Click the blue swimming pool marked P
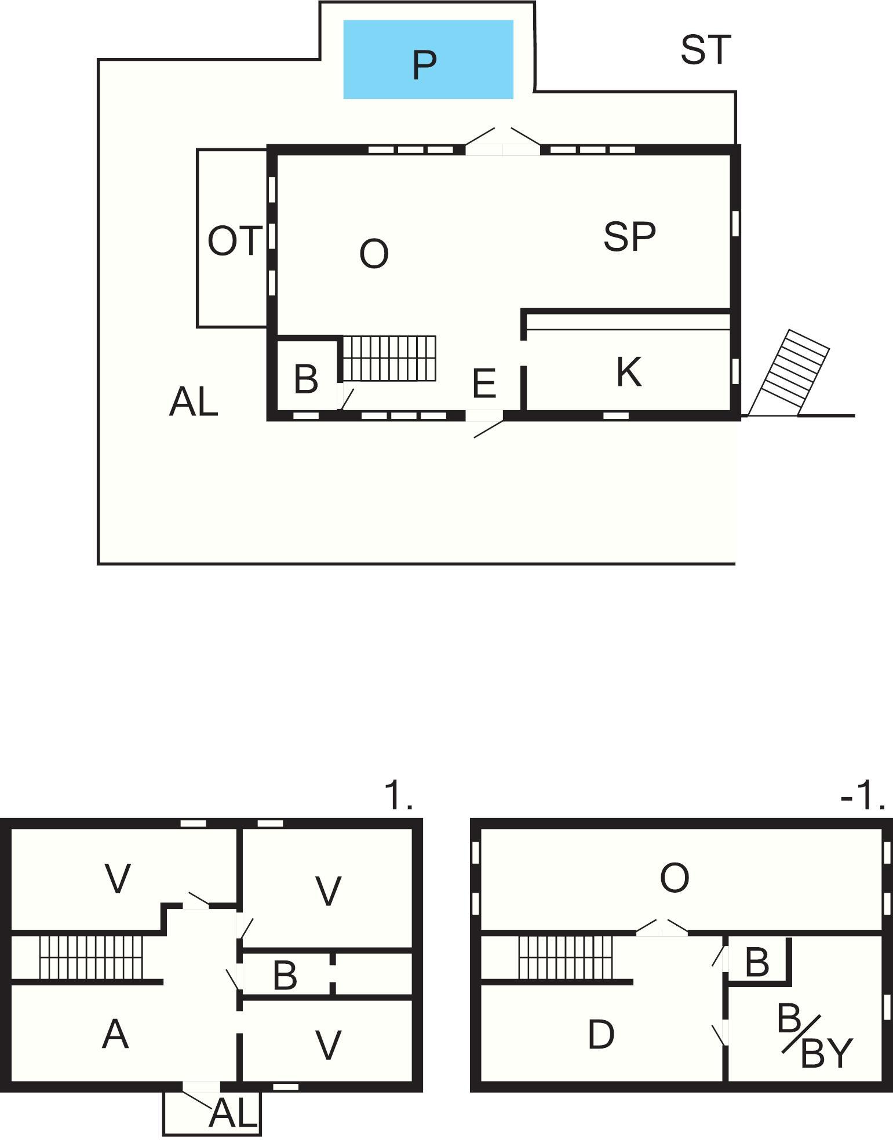[428, 60]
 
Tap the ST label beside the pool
[706, 50]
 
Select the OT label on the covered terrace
[235, 241]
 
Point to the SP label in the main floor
[629, 236]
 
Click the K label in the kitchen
[629, 372]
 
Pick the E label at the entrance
[484, 383]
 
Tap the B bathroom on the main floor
[306, 379]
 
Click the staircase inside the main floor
[389, 358]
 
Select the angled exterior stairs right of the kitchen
[789, 373]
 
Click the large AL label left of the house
[194, 402]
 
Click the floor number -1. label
[863, 796]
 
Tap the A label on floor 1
[115, 1034]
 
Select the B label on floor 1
[285, 975]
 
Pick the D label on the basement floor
[600, 1035]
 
